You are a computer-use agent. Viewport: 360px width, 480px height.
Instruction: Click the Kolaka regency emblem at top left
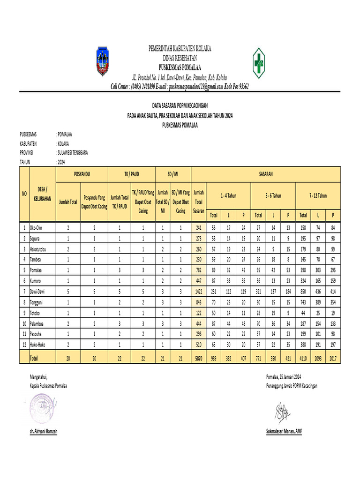102,61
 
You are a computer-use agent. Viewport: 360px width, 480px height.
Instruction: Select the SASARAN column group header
266,174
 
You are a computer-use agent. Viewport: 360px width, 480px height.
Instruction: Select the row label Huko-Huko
39,345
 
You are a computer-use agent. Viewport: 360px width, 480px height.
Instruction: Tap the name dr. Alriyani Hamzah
44,431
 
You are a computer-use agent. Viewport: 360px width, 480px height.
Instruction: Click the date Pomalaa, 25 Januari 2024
283,376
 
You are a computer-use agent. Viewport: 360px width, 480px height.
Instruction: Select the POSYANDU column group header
82,174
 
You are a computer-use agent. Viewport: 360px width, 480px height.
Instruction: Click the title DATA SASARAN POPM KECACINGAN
180,106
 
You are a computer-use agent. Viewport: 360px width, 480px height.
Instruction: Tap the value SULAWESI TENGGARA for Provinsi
72,152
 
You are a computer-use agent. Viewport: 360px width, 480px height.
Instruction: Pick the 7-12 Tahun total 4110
303,358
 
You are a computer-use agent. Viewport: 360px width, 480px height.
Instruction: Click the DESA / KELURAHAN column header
42,193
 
